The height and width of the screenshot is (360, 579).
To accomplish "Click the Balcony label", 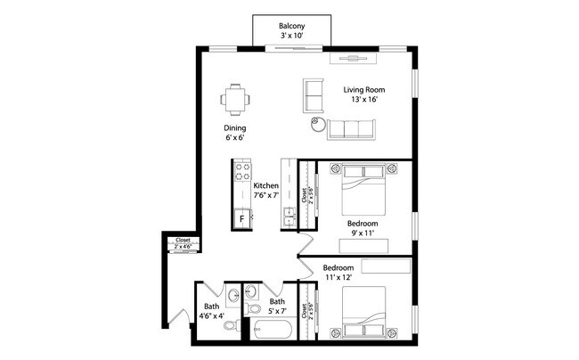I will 291,31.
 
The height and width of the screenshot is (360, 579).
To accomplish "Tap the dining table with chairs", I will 235,99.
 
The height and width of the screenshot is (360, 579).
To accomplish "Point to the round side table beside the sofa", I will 317,126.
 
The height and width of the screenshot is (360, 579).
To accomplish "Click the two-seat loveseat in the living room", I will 314,96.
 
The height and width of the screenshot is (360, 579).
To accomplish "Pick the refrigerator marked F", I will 241,217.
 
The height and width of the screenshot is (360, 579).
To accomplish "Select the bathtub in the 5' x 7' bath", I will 271,331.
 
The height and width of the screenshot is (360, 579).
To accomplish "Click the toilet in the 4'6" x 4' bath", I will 231,326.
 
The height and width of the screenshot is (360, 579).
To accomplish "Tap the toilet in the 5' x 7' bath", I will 253,308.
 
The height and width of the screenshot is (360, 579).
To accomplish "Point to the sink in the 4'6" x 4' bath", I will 232,295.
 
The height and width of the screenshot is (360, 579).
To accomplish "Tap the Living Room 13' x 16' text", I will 363,94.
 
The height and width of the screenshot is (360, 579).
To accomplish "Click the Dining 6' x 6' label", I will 235,133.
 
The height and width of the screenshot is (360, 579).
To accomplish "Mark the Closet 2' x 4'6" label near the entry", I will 183,242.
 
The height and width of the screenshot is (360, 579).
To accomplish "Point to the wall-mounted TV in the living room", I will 355,58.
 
